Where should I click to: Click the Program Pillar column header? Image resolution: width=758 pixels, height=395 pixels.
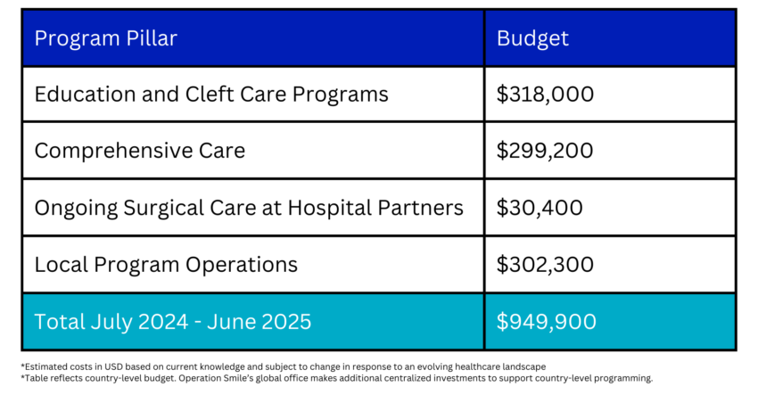tap(106, 38)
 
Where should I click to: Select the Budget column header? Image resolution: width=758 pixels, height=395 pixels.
tap(532, 38)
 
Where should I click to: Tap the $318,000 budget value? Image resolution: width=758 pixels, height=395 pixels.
tap(545, 95)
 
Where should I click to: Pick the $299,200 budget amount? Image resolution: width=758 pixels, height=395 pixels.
tap(545, 151)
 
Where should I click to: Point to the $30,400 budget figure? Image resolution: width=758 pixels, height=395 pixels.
tap(540, 208)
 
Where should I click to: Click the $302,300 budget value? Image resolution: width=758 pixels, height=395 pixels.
tap(545, 265)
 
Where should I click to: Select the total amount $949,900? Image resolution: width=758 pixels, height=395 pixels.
tap(547, 322)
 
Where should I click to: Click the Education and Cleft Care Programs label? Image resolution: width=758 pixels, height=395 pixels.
tap(211, 95)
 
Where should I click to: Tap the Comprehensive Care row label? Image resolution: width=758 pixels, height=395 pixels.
tap(140, 151)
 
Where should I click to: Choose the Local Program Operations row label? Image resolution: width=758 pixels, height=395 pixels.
tap(166, 265)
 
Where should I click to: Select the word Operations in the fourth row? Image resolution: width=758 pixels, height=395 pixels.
tap(242, 265)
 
